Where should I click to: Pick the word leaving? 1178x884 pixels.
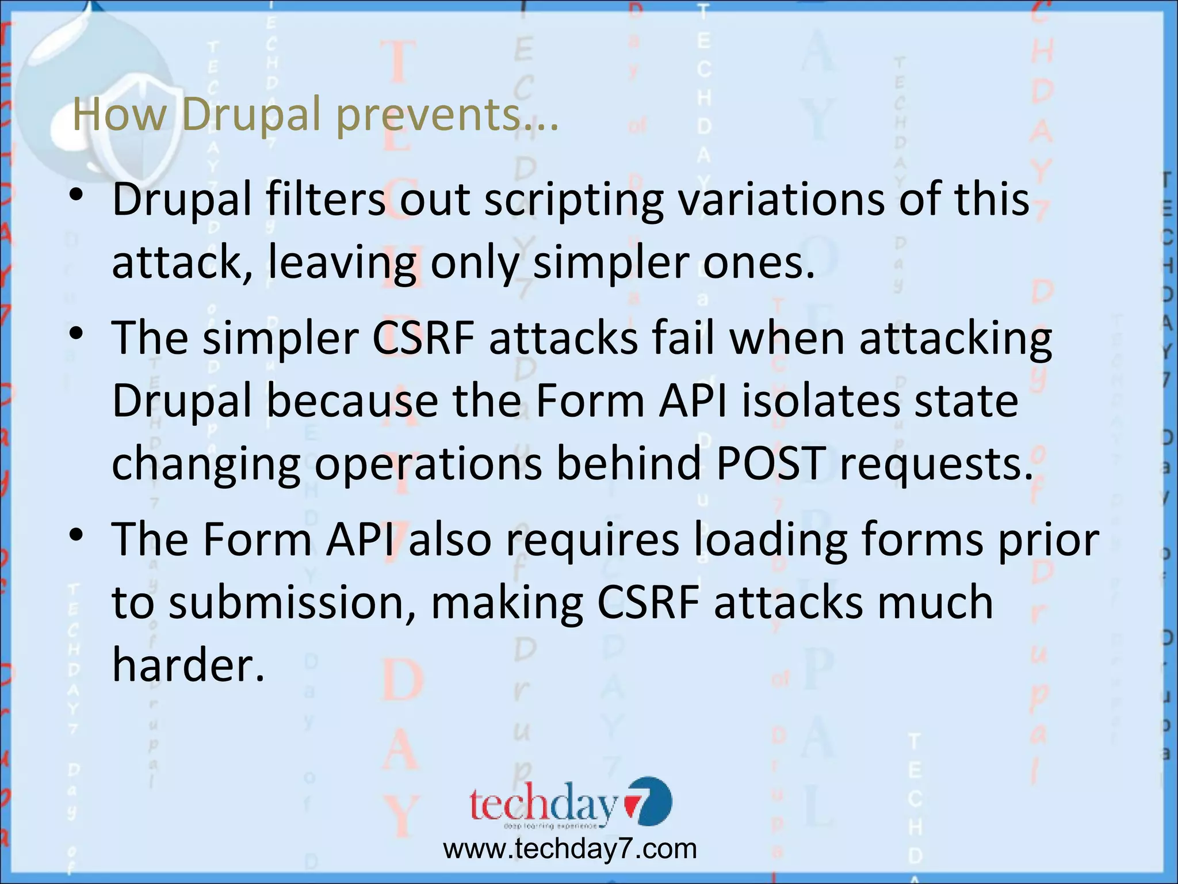342,263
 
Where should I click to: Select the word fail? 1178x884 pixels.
683,338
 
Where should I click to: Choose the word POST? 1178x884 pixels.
770,463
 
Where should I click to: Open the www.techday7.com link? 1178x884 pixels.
569,849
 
